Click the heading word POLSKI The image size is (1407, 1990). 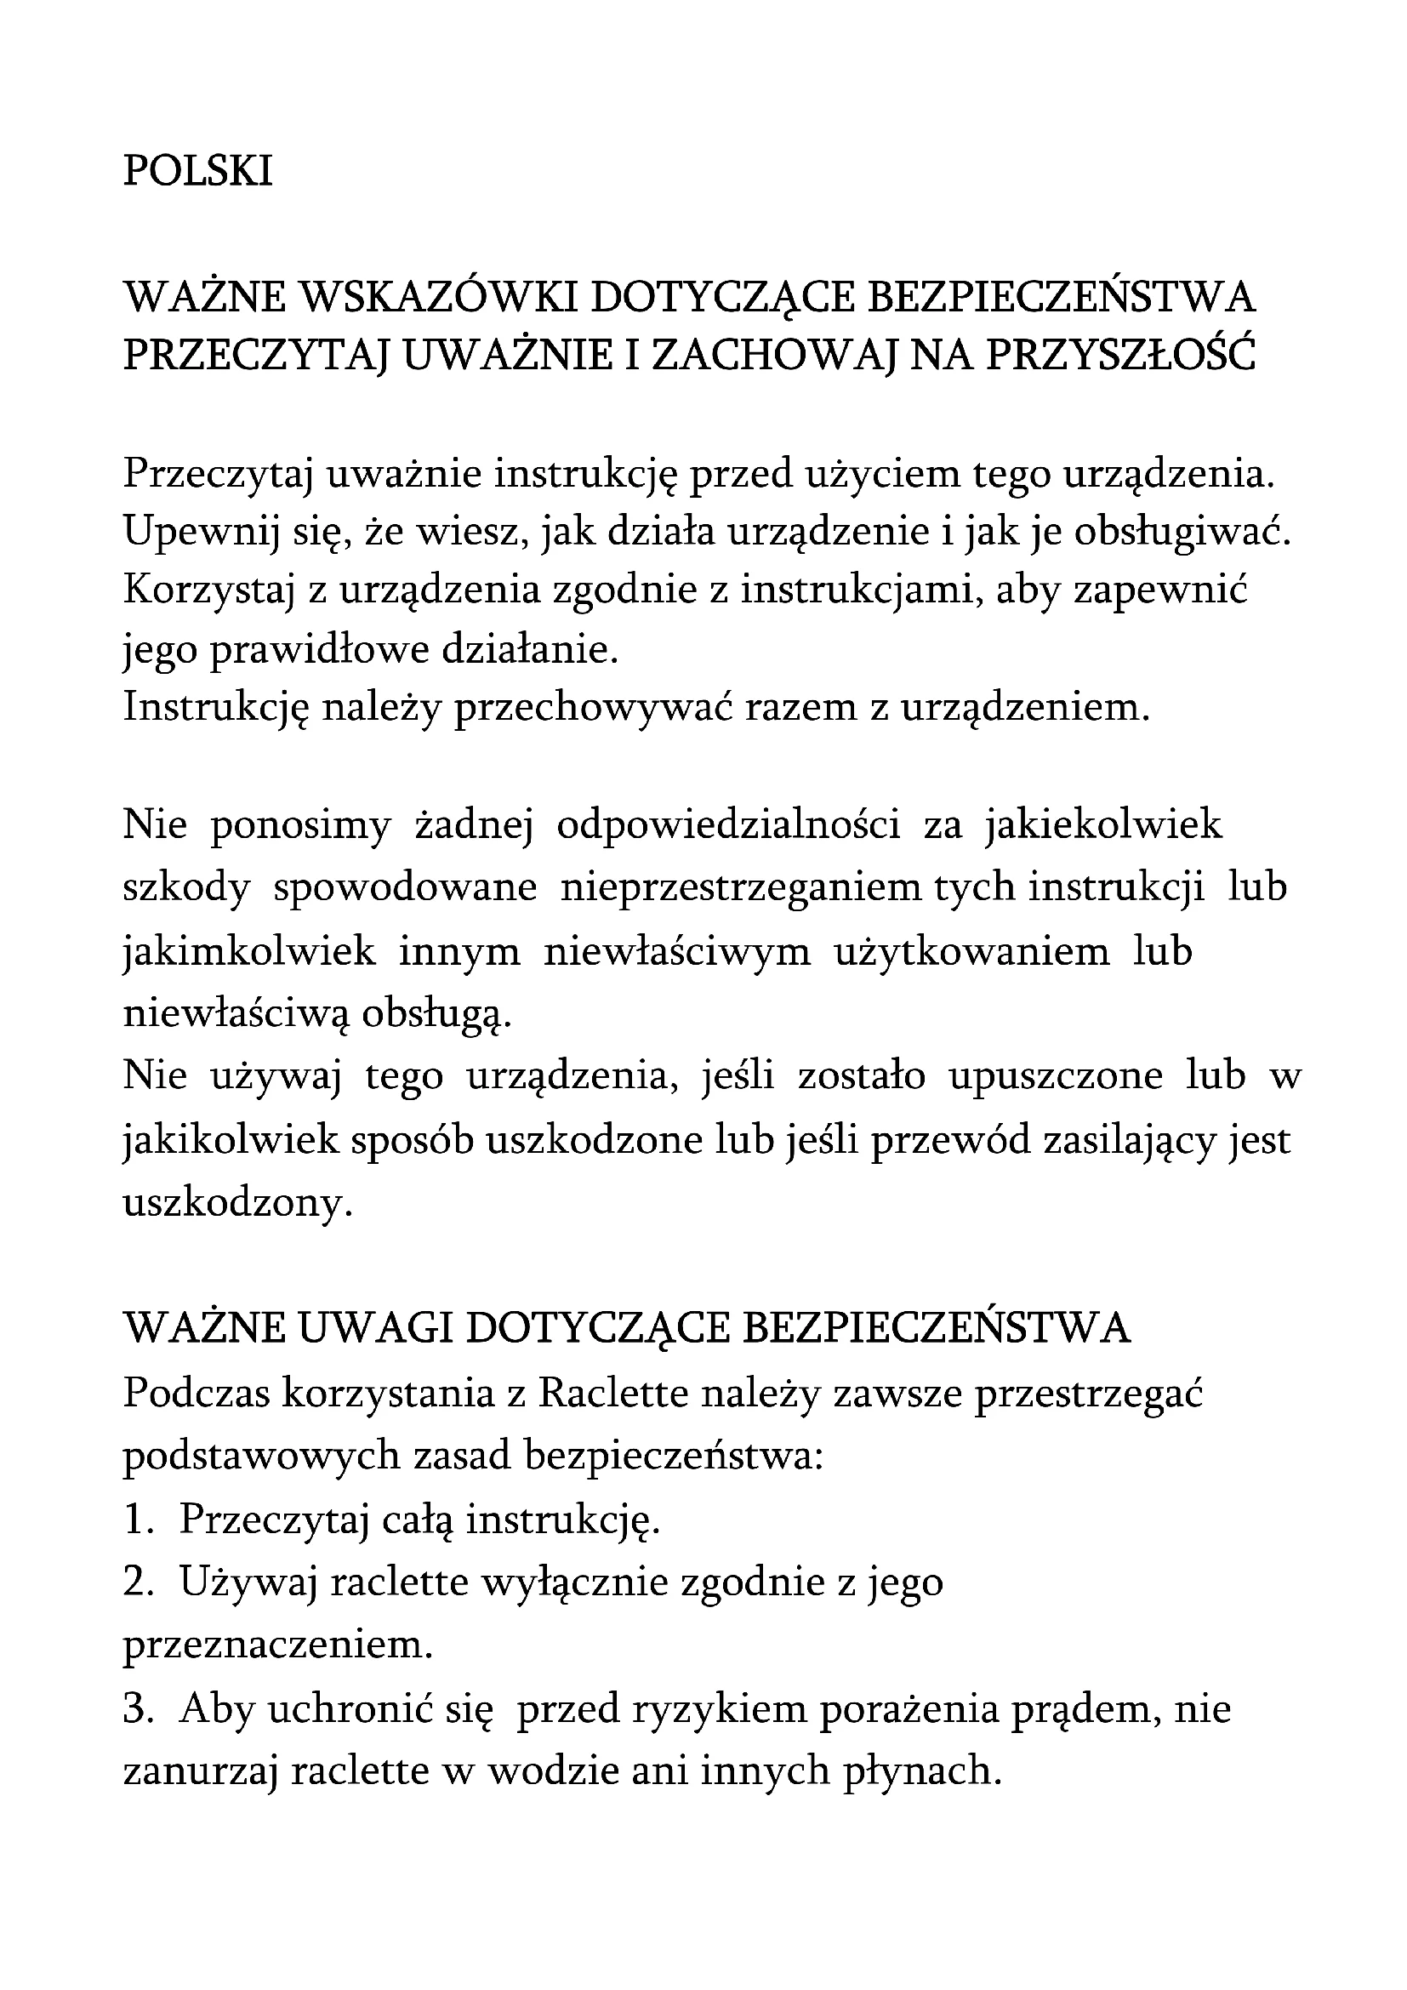tap(197, 171)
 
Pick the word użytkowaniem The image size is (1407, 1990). tap(971, 952)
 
